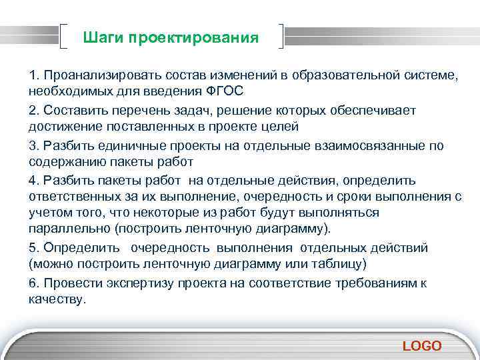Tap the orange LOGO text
[x=422, y=345]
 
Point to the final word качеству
[x=57, y=299]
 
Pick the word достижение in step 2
[x=63, y=126]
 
